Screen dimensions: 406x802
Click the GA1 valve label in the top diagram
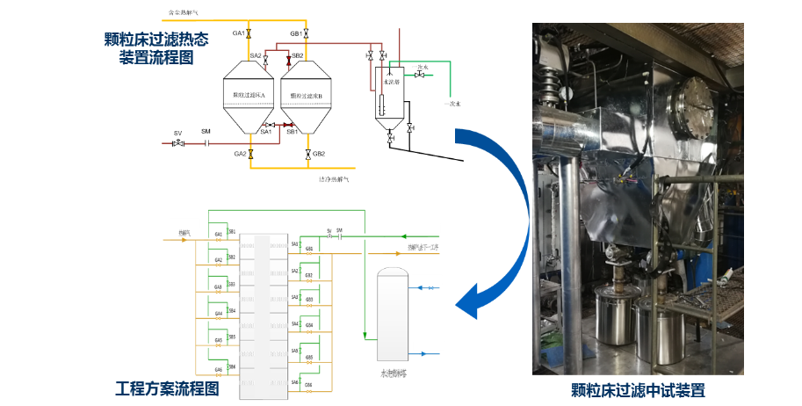pyautogui.click(x=238, y=33)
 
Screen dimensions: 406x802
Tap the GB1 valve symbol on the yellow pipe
pyautogui.click(x=307, y=34)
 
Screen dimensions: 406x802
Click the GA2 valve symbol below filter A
pyautogui.click(x=250, y=154)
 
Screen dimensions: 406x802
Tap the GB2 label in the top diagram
pyautogui.click(x=319, y=154)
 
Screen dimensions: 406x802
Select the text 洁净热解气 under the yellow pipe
pyautogui.click(x=334, y=178)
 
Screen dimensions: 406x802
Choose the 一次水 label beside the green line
pyautogui.click(x=452, y=103)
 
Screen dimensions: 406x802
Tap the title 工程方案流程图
pyautogui.click(x=168, y=388)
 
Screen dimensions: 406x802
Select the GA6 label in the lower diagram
pyautogui.click(x=218, y=369)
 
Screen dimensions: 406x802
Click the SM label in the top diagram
pyautogui.click(x=206, y=132)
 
